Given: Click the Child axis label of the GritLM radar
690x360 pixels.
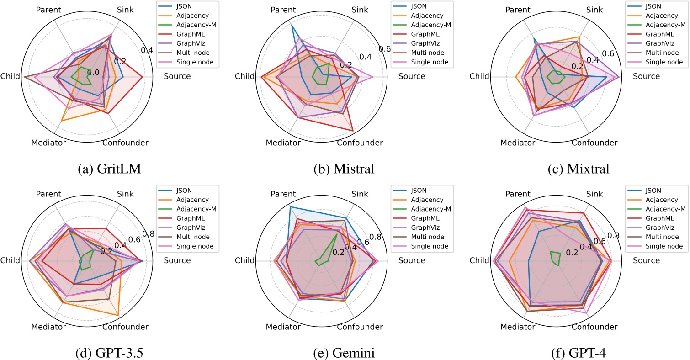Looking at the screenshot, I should coord(10,76).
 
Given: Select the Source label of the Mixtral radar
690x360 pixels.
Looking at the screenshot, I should coord(646,76).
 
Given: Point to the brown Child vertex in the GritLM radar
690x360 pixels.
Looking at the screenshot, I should coord(24,77).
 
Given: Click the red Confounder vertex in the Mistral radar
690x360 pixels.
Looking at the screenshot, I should coord(353,131).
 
